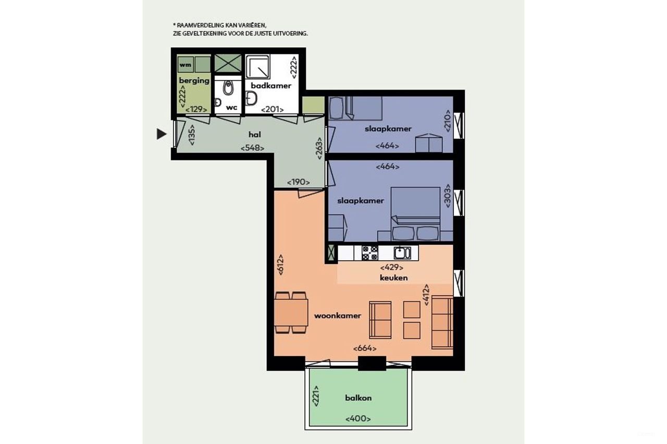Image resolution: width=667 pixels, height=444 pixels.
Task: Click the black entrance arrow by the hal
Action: (x=162, y=134)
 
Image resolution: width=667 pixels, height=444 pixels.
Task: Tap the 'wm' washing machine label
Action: (x=184, y=65)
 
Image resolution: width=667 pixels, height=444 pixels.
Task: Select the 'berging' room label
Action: (x=194, y=81)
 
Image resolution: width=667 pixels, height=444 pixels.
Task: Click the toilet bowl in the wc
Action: (x=228, y=89)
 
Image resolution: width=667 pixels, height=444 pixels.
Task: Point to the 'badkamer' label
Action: (x=271, y=86)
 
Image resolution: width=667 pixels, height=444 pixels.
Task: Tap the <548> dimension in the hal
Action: (x=252, y=148)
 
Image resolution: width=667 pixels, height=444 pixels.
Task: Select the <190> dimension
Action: (x=299, y=182)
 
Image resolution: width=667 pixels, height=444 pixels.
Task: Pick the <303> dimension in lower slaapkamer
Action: (x=447, y=197)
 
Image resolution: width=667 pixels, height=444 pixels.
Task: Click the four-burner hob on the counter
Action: (x=370, y=253)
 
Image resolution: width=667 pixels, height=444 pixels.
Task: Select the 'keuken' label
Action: (x=393, y=277)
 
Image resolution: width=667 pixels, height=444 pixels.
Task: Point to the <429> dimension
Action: (x=392, y=268)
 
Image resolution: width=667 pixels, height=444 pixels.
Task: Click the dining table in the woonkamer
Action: (x=291, y=312)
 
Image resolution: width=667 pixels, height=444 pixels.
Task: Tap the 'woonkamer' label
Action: (x=337, y=315)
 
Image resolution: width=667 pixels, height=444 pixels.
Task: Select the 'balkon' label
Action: (x=358, y=398)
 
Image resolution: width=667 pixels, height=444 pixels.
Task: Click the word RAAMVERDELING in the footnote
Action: (x=198, y=25)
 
